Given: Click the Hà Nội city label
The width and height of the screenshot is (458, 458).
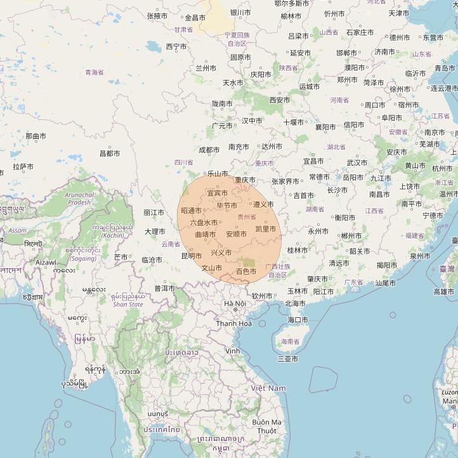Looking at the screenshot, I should point(235,304).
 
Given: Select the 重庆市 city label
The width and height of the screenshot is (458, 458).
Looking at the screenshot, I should point(245,180).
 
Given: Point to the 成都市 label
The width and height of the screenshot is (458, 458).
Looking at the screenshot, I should point(209,150).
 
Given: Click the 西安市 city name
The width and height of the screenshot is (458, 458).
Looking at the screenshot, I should point(279,100).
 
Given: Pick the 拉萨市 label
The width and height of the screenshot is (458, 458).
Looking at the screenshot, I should point(23,167).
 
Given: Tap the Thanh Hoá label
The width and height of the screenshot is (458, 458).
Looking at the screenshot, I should point(233,324).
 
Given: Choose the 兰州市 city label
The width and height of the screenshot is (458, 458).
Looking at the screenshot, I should point(206,68).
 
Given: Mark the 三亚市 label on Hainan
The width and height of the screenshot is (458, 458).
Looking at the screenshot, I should point(287,359).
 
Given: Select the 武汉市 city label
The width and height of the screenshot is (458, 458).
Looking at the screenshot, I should point(357,163).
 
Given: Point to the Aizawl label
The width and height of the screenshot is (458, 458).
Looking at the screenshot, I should point(46,262).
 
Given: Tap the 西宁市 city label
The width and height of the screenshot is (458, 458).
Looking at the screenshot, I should point(176,47).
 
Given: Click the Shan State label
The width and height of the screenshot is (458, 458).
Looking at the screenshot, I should point(128,304).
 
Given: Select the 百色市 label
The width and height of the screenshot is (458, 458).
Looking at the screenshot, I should point(245,272).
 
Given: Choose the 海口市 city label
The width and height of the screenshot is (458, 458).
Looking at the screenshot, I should point(297,320).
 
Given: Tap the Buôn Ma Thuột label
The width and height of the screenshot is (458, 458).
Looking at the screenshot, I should point(266,426).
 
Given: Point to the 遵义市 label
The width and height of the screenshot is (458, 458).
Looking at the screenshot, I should point(263,205).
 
